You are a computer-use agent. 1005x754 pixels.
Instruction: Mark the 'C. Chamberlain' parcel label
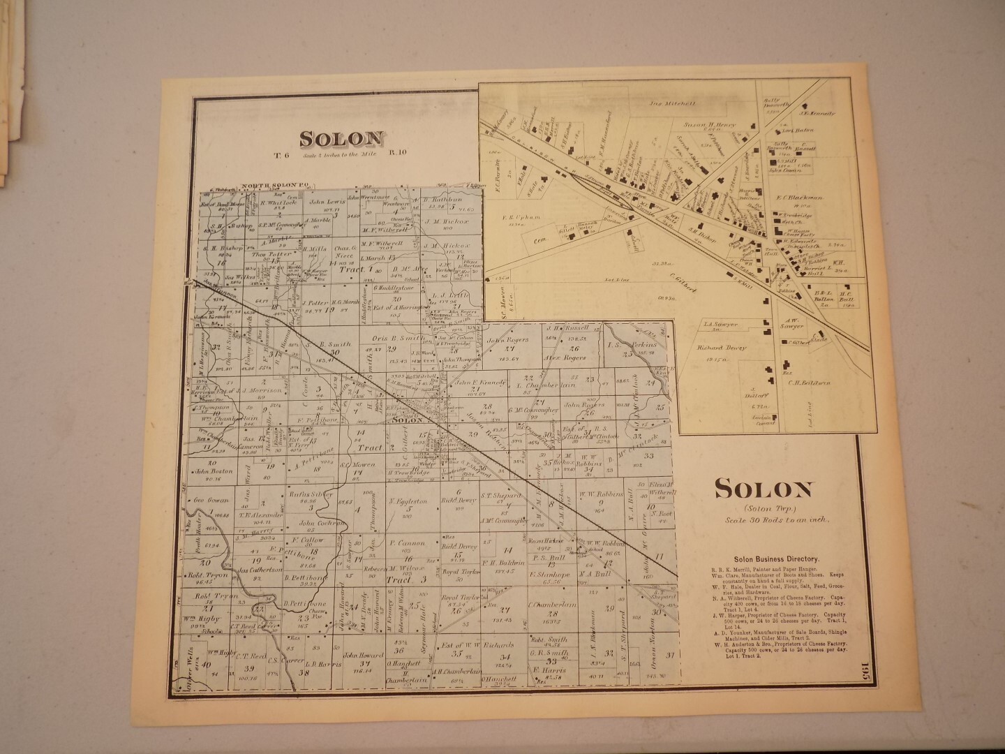[551, 605]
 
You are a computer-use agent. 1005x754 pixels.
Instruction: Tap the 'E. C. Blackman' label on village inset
[801, 198]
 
